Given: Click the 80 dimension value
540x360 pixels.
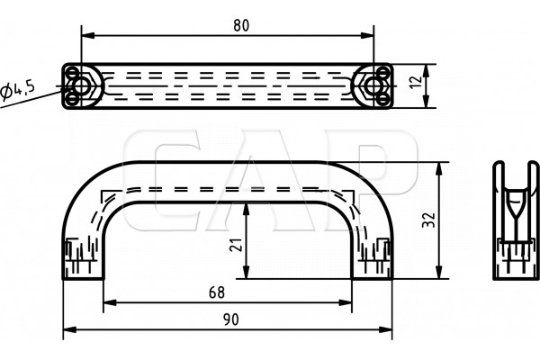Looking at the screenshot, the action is pyautogui.click(x=241, y=25).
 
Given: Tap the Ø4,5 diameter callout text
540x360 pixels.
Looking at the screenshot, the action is pyautogui.click(x=18, y=91).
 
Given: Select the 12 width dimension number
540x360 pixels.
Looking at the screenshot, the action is pyautogui.click(x=417, y=81).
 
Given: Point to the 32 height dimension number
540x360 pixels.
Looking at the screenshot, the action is pyautogui.click(x=428, y=220).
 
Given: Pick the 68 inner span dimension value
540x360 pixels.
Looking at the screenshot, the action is pyautogui.click(x=217, y=292).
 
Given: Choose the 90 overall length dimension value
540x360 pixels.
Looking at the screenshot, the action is pyautogui.click(x=230, y=319).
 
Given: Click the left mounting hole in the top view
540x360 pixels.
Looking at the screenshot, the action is pyautogui.click(x=82, y=86).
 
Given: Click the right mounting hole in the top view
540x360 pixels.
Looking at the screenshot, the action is pyautogui.click(x=373, y=86).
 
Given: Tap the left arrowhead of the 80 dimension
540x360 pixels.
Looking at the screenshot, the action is pyautogui.click(x=88, y=35).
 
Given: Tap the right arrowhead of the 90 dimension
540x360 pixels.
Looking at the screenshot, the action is pyautogui.click(x=386, y=329).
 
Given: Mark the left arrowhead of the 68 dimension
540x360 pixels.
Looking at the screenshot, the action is pyautogui.click(x=110, y=302).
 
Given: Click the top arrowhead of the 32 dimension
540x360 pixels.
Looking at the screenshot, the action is pyautogui.click(x=439, y=168).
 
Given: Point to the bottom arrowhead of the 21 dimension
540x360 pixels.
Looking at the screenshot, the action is pyautogui.click(x=246, y=272).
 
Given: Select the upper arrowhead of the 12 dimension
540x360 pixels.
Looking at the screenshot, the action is pyautogui.click(x=426, y=70).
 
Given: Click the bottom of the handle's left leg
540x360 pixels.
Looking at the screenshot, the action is pyautogui.click(x=83, y=279).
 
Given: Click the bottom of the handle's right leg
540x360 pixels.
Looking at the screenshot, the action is pyautogui.click(x=372, y=279).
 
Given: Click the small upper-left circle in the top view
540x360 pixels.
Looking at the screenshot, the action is pyautogui.click(x=72, y=73).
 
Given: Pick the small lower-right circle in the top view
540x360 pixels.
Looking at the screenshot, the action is pyautogui.click(x=383, y=100).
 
